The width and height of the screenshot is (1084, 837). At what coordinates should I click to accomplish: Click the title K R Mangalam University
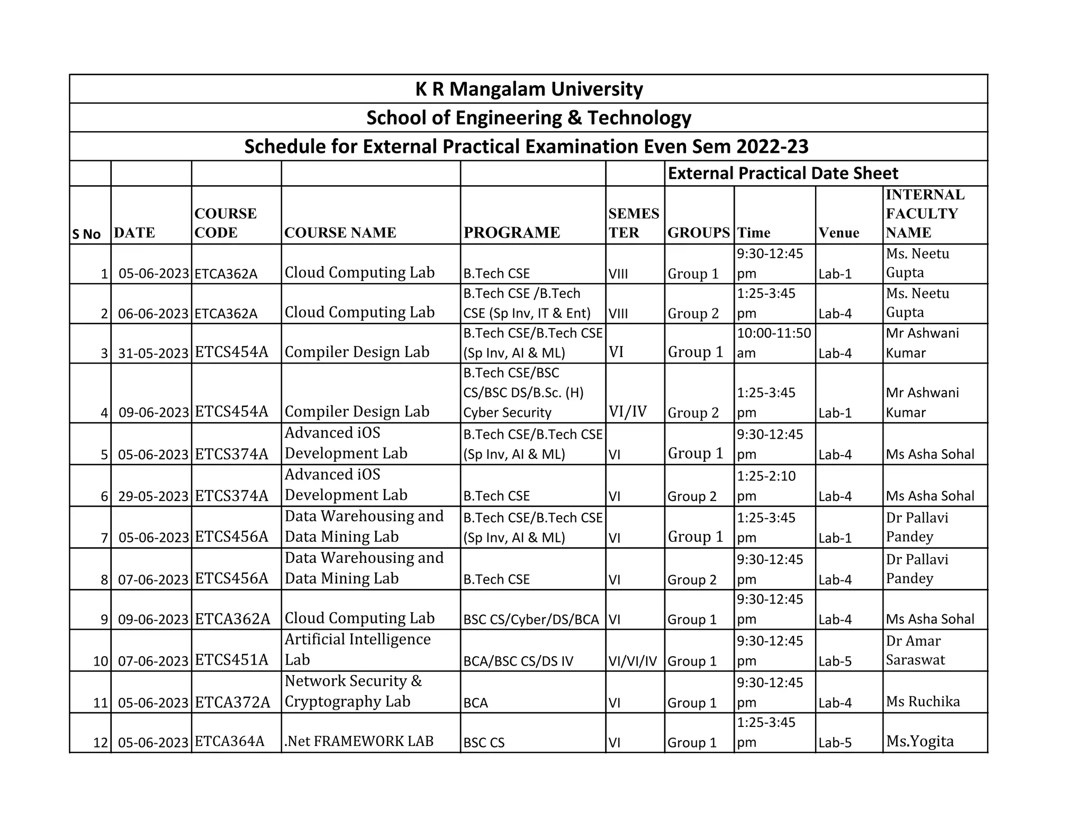[528, 89]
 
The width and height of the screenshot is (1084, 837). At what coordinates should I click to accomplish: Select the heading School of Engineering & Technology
[528, 117]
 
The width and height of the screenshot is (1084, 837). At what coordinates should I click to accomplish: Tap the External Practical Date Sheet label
[782, 174]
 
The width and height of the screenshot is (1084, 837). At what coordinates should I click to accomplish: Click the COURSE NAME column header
[340, 232]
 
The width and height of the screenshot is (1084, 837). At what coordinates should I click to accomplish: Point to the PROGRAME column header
[511, 232]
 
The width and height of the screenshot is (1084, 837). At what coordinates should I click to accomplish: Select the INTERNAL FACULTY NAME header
[925, 214]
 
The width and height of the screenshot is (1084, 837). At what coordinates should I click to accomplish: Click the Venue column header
[838, 233]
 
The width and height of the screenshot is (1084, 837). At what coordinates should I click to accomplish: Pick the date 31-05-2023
[153, 353]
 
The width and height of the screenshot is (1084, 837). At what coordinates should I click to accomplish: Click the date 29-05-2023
[153, 496]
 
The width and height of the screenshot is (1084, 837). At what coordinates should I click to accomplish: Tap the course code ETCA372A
[232, 702]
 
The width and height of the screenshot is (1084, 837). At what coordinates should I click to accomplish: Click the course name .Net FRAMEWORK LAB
[359, 741]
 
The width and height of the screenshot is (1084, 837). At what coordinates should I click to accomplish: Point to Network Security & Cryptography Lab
[353, 691]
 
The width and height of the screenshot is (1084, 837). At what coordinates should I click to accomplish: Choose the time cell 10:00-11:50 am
[773, 343]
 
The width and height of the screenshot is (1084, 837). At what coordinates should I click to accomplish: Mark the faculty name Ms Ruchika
[923, 702]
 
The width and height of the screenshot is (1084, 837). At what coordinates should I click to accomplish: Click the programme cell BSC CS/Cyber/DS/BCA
[531, 620]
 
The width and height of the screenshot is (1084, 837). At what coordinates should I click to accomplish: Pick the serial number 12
[101, 743]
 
